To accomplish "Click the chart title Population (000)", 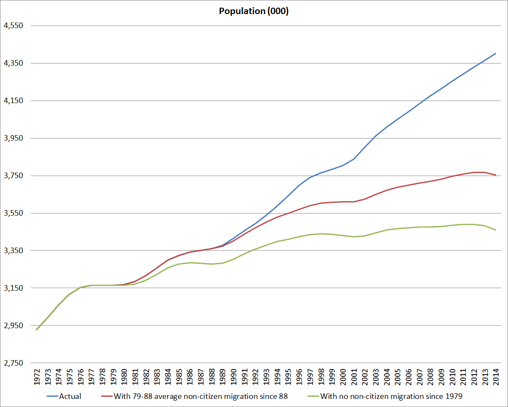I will tap(254, 12).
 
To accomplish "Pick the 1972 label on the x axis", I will tap(37, 376).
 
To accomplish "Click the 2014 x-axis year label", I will tap(496, 376).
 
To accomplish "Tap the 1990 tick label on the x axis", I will tap(233, 376).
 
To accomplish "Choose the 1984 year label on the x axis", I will tap(168, 376).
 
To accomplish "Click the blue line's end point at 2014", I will tap(496, 53).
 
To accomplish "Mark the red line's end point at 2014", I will tap(496, 175).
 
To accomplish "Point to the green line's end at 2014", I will tap(496, 230).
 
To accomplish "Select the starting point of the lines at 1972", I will tap(37, 329).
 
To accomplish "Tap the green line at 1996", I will tap(299, 237).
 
